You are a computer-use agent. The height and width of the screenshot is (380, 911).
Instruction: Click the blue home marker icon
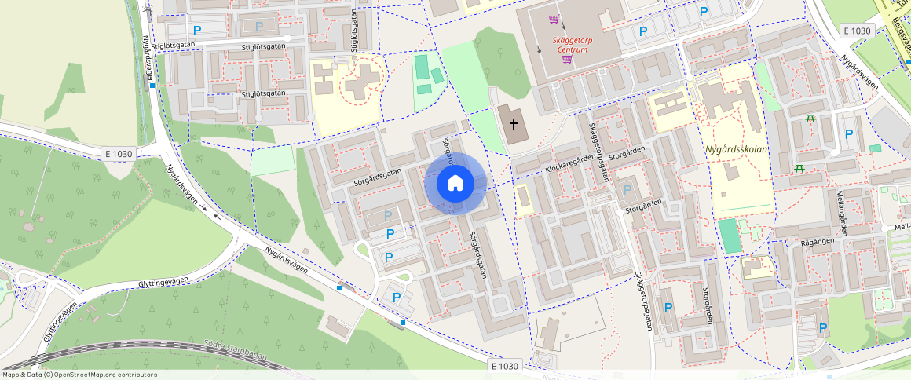point(455,184)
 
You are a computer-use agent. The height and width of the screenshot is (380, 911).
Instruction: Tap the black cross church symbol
point(514,124)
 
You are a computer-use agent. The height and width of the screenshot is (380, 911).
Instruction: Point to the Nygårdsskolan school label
point(735,148)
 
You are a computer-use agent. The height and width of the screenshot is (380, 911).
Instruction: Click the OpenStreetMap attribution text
point(79,375)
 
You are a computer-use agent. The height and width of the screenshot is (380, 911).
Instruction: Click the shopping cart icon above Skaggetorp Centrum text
point(554,19)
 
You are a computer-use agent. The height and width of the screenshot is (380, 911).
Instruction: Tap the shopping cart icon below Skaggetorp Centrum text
point(567,60)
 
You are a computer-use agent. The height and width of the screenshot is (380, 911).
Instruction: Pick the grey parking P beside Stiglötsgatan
point(259,26)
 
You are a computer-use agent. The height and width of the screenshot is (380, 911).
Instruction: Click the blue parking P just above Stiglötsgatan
point(197,31)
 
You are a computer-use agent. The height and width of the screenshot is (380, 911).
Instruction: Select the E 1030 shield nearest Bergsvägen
point(855,31)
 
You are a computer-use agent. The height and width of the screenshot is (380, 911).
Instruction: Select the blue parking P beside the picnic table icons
point(848,134)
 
